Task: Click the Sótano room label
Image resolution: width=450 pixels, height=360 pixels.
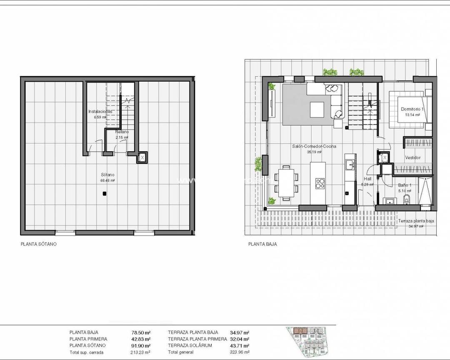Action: tap(107, 175)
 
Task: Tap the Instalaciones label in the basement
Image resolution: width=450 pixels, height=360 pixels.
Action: tap(100, 112)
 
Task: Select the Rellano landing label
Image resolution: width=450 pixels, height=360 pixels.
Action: tap(122, 132)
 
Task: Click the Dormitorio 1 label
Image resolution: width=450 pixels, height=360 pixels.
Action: tap(412, 109)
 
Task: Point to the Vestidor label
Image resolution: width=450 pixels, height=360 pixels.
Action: tap(412, 157)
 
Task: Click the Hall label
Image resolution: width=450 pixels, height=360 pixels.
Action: tap(367, 179)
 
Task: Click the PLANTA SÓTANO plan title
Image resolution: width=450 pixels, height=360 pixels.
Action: tap(38, 244)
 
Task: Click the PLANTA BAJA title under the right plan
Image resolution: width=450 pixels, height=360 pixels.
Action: tap(262, 245)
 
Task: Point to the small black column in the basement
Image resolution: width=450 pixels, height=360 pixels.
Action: tap(104, 193)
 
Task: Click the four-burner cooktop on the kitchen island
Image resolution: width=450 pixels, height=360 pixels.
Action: tap(320, 182)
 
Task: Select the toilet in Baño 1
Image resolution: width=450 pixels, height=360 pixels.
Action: tap(407, 199)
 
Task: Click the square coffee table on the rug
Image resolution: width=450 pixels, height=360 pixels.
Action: tap(317, 110)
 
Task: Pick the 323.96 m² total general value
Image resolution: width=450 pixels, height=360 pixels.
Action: tap(240, 352)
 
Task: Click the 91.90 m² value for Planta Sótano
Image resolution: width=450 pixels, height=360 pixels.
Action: tap(140, 345)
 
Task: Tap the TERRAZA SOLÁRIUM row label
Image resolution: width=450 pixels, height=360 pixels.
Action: tap(190, 345)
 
